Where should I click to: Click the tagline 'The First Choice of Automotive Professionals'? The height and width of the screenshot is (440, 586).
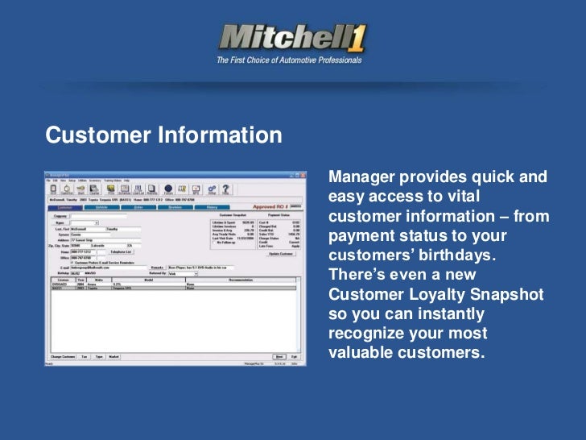[x=289, y=60]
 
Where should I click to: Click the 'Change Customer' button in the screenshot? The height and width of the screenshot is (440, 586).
[x=63, y=355]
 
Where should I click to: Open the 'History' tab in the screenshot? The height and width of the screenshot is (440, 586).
[x=211, y=207]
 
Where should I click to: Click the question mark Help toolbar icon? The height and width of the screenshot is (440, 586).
[x=227, y=189]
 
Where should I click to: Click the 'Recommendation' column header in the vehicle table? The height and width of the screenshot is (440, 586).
[x=241, y=279]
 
